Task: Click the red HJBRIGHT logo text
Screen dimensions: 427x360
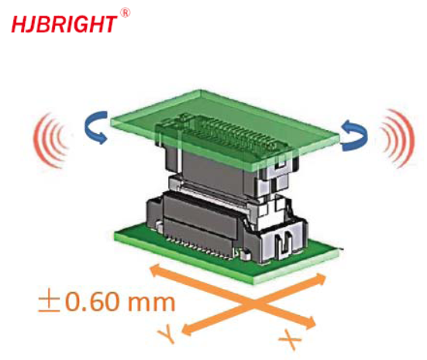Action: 64,24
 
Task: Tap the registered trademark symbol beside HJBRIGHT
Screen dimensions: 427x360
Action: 125,13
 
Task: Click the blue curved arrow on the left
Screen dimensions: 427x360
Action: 95,127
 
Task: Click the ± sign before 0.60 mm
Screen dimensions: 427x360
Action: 49,302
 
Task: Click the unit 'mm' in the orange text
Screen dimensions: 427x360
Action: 151,303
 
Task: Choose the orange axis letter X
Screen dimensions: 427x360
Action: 291,339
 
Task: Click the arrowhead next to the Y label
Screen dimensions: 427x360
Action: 188,330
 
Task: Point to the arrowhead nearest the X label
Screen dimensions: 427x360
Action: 310,322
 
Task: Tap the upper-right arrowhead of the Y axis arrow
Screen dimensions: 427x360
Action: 320,279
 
